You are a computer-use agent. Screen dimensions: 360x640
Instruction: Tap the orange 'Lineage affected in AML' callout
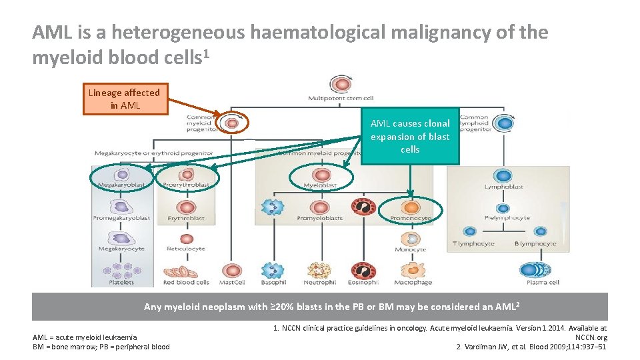[x=125, y=99]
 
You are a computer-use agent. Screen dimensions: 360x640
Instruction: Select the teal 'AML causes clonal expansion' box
[x=410, y=137]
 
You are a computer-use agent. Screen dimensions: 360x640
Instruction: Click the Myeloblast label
[x=320, y=185]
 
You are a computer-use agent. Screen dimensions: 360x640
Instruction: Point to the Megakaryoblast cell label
[x=122, y=185]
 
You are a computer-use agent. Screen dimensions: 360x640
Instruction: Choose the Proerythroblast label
[x=187, y=185]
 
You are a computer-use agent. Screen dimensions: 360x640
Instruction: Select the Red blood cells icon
[x=187, y=271]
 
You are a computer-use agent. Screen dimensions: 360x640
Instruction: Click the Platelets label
[x=123, y=283]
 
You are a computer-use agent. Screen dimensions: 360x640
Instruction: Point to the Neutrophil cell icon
[x=320, y=269]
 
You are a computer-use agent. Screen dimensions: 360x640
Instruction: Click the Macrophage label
[x=413, y=283]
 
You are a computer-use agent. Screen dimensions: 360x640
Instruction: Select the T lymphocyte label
[x=473, y=244]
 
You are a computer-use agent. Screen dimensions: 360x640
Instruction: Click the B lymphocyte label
[x=535, y=244]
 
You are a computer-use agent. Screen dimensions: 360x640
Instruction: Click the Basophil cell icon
[x=274, y=269]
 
